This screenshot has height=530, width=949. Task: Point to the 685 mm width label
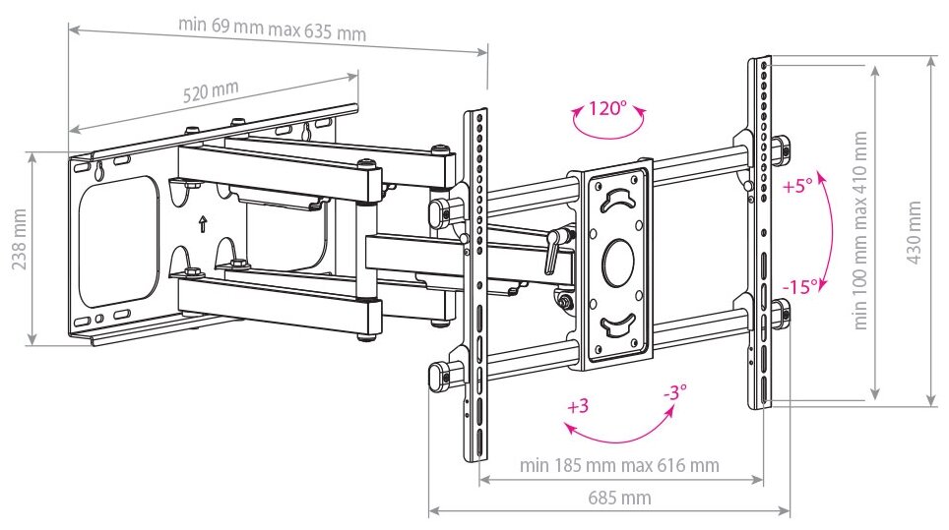(619, 498)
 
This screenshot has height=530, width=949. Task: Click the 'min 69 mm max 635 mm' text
(272, 28)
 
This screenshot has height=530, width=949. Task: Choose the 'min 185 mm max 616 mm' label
(619, 464)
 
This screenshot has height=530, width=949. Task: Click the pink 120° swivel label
(607, 108)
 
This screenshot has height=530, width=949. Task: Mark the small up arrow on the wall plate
(202, 223)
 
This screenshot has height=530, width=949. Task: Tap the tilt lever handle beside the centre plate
(552, 251)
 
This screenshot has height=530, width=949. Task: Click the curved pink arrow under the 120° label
(608, 126)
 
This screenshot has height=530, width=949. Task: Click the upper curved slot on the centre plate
(617, 201)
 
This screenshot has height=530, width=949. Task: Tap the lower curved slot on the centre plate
(617, 324)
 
